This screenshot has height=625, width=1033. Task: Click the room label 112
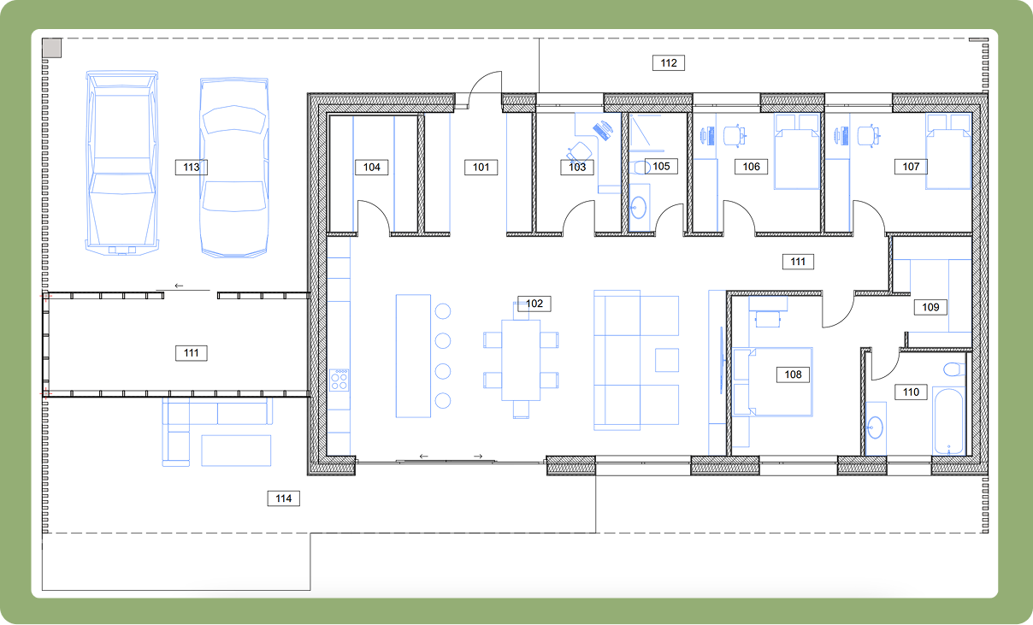click(x=669, y=62)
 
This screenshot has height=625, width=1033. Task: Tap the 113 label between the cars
click(x=192, y=167)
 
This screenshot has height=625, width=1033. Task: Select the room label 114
click(x=283, y=498)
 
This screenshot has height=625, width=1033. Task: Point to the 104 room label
click(x=371, y=167)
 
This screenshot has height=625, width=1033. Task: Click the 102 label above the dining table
click(x=534, y=304)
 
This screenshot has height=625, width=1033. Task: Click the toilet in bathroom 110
click(x=951, y=371)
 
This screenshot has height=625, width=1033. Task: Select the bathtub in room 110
click(x=948, y=422)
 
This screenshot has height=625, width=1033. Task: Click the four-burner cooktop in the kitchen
click(x=339, y=379)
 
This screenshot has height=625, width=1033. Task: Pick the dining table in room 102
click(x=521, y=359)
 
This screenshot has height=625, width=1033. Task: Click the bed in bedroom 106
click(x=796, y=154)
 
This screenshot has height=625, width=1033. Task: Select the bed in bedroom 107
click(x=949, y=154)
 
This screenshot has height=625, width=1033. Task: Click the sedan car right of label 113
click(x=234, y=167)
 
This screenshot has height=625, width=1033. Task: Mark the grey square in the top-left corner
click(x=52, y=48)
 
